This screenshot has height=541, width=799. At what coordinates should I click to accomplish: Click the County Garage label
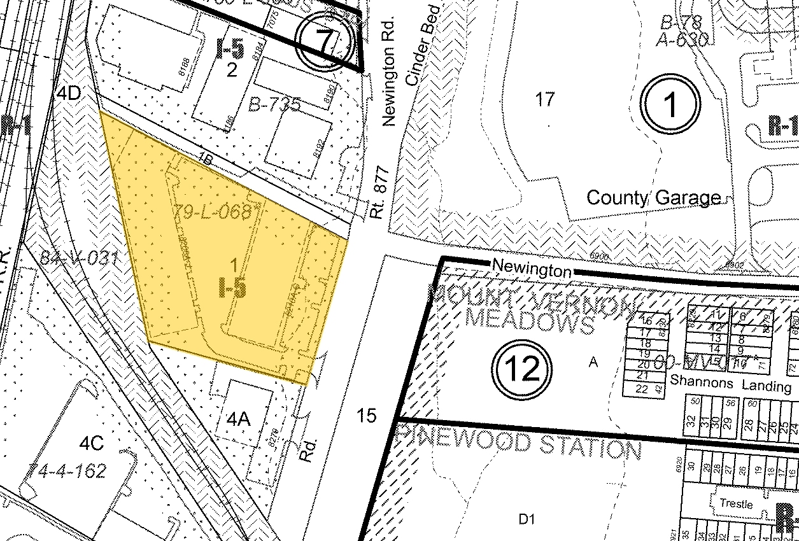[653, 197]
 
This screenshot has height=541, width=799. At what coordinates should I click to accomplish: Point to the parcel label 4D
[69, 94]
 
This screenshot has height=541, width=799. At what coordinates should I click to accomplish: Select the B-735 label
[274, 105]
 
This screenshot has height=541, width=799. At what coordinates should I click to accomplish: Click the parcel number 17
[546, 99]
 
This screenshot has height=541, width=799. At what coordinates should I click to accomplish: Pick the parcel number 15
[366, 416]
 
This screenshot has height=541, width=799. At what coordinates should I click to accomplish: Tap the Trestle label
[736, 503]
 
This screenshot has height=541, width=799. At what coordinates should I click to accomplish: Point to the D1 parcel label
[525, 519]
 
